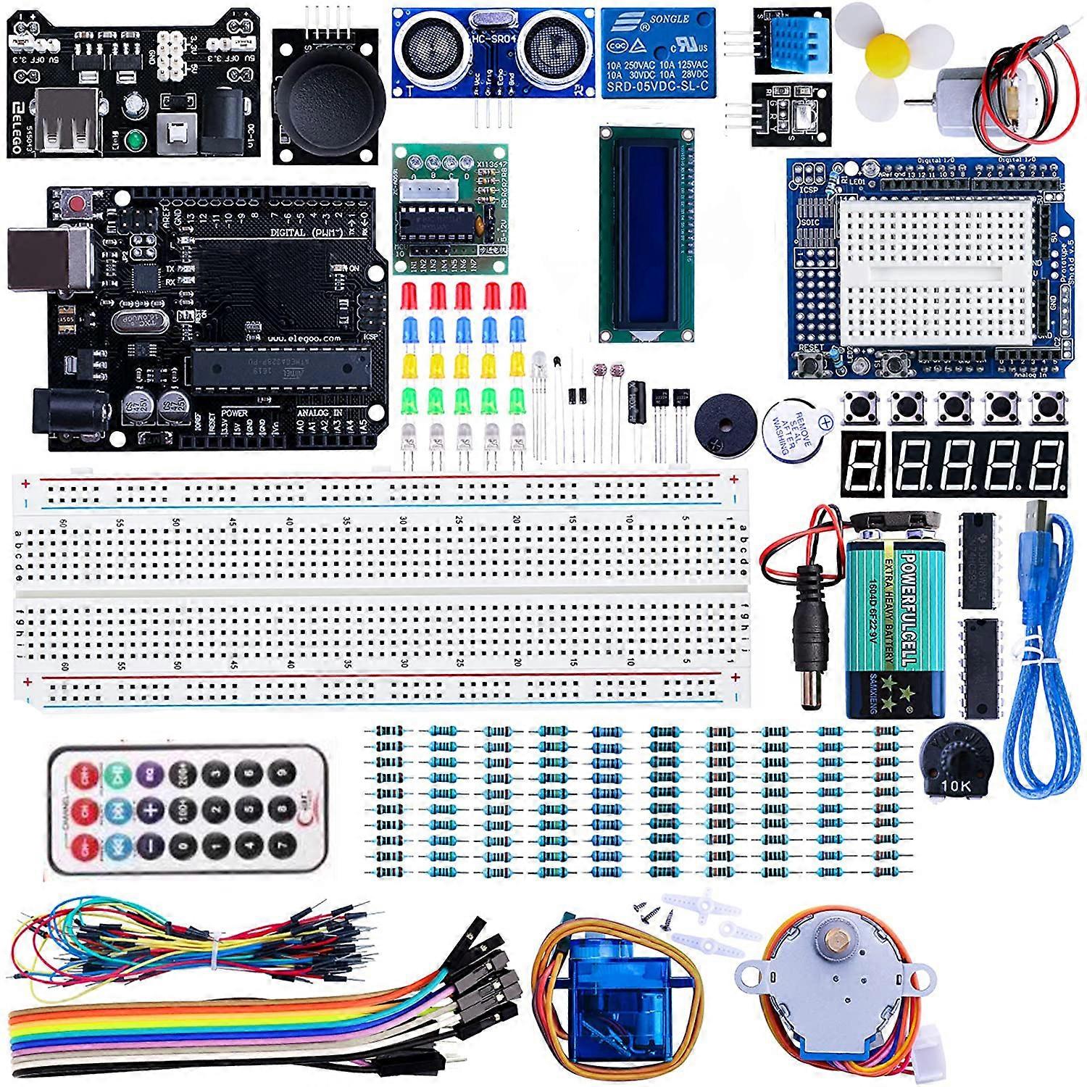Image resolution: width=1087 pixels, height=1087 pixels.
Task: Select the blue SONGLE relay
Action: coord(657,52)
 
